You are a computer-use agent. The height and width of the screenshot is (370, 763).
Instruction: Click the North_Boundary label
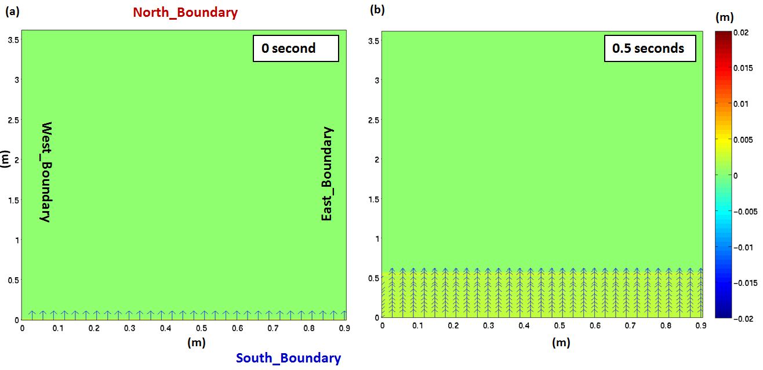185,13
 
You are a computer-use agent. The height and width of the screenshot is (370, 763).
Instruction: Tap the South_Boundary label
288,358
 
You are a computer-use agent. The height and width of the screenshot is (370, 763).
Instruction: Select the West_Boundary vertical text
46,172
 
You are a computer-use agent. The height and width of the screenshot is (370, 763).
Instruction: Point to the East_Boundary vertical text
328,173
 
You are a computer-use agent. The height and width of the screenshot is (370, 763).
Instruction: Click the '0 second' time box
295,49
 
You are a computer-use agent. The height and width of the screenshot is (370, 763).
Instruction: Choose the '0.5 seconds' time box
648,49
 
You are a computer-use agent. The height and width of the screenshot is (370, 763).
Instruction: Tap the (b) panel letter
377,10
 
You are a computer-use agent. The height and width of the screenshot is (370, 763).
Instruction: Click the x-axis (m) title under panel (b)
561,343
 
